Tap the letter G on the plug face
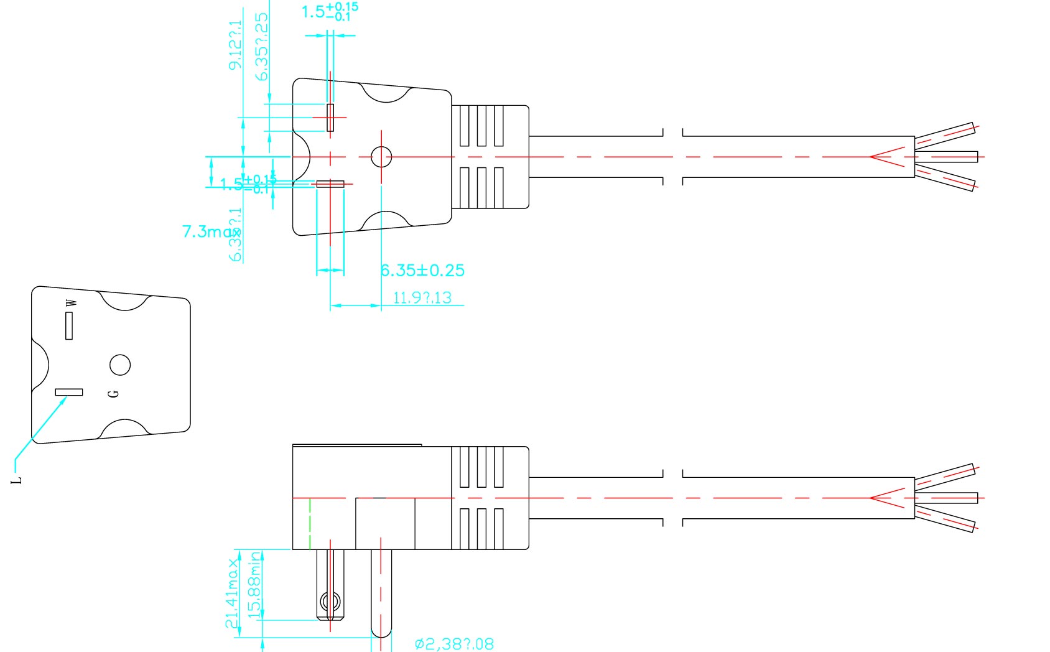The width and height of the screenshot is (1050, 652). click(x=113, y=393)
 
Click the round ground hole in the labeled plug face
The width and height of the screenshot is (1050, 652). click(x=120, y=365)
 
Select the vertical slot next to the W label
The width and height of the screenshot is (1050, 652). click(x=69, y=325)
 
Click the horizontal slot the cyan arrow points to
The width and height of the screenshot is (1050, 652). click(x=69, y=392)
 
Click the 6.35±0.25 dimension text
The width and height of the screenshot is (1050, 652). click(x=422, y=270)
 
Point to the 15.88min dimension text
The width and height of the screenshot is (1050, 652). click(x=254, y=585)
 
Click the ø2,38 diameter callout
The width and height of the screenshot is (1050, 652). click(x=454, y=644)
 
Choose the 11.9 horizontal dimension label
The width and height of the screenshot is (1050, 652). click(x=422, y=297)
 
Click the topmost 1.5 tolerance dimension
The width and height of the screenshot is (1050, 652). click(x=330, y=11)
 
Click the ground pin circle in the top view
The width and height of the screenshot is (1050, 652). click(x=381, y=157)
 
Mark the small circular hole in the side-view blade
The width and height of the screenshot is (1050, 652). click(x=330, y=602)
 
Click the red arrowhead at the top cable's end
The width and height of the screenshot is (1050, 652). click(x=883, y=157)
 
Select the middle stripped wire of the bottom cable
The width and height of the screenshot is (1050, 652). click(x=946, y=498)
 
